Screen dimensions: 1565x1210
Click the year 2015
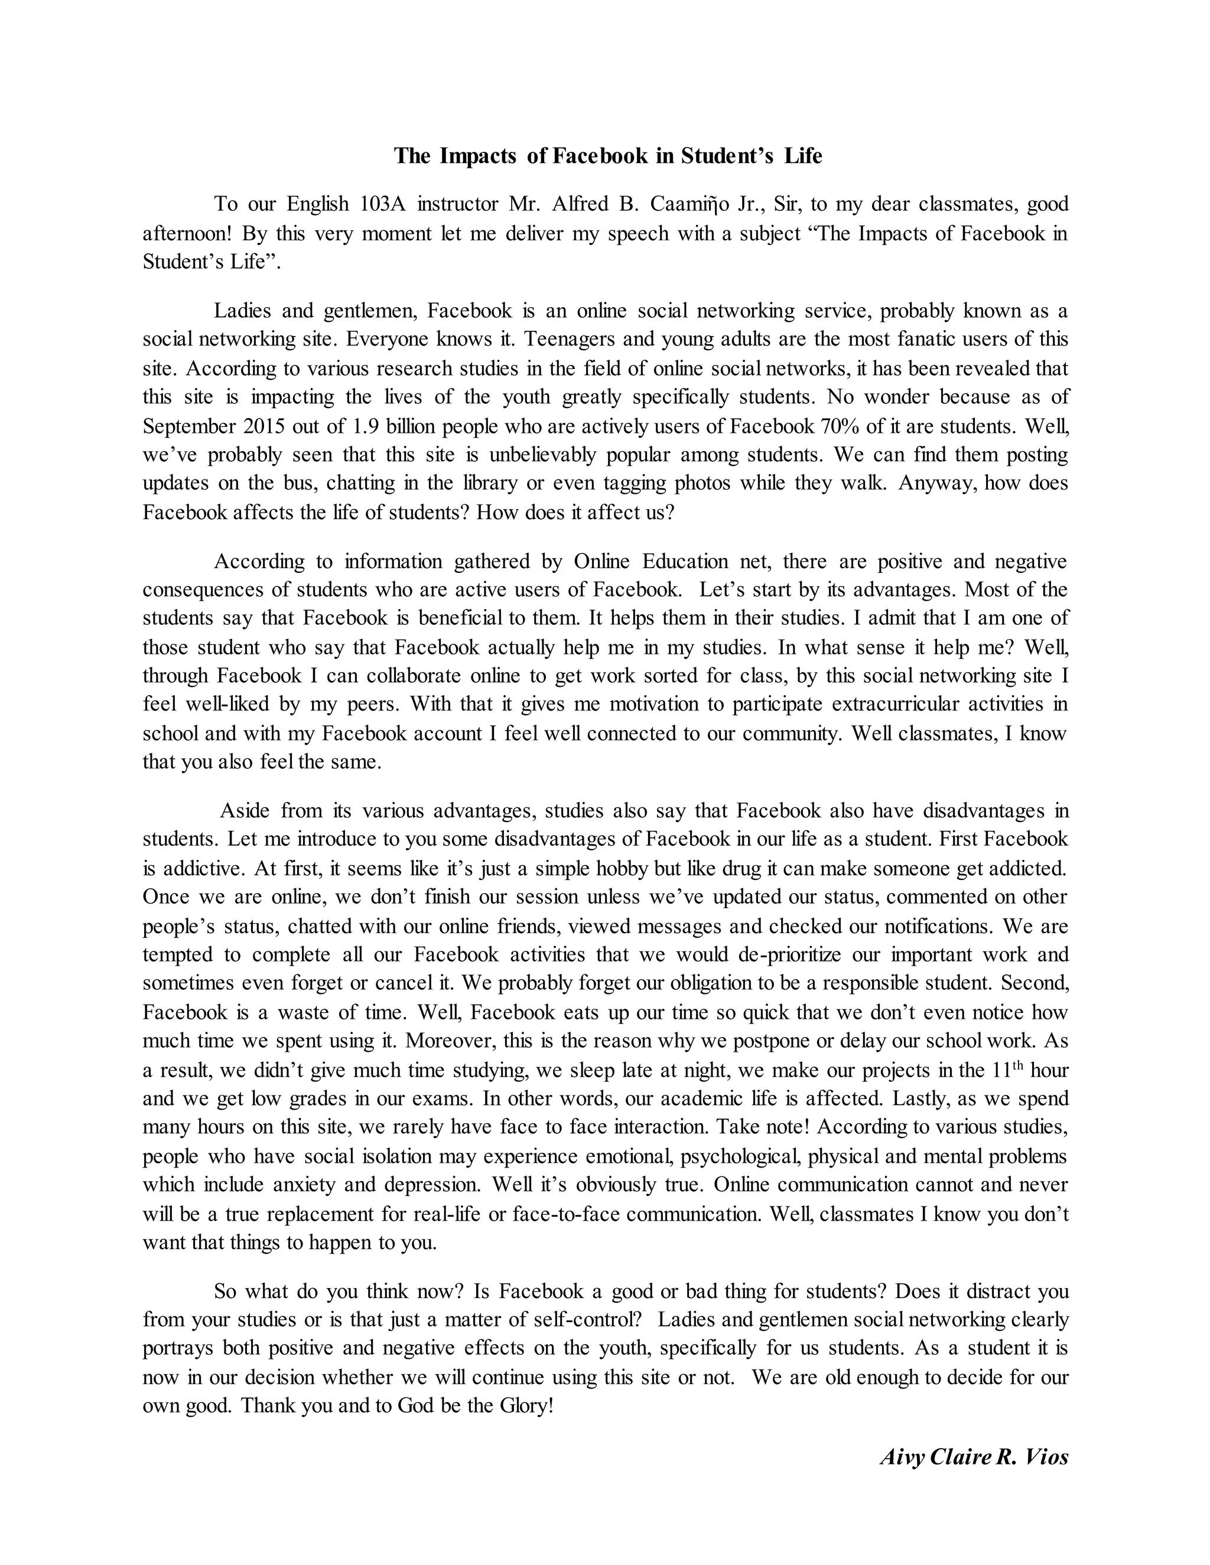[x=265, y=426]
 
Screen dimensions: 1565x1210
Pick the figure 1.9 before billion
[x=365, y=426]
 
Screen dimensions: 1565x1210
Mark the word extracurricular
[x=896, y=705]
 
